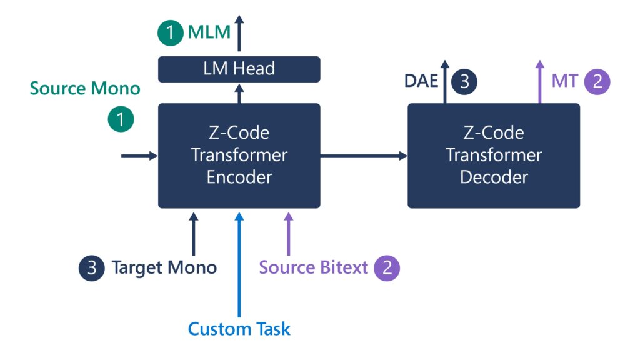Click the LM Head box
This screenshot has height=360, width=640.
(x=239, y=69)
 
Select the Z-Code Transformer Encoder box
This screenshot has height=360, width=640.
(x=239, y=156)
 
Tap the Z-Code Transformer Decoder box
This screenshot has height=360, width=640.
(x=494, y=156)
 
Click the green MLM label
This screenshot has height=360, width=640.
(x=209, y=32)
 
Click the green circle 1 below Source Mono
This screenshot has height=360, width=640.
(x=121, y=119)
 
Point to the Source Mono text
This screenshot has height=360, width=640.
(x=85, y=88)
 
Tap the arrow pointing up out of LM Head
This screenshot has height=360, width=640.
(x=239, y=37)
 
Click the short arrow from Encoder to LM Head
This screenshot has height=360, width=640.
(x=239, y=93)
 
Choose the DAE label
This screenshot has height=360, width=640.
(x=421, y=81)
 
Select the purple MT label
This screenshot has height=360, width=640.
(x=564, y=81)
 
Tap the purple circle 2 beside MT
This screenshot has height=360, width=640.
(x=597, y=81)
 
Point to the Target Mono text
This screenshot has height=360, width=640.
(x=164, y=268)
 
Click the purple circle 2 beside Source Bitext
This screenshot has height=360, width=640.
(x=387, y=268)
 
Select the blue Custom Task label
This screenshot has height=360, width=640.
(x=239, y=329)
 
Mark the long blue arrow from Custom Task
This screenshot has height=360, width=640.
(x=239, y=262)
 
